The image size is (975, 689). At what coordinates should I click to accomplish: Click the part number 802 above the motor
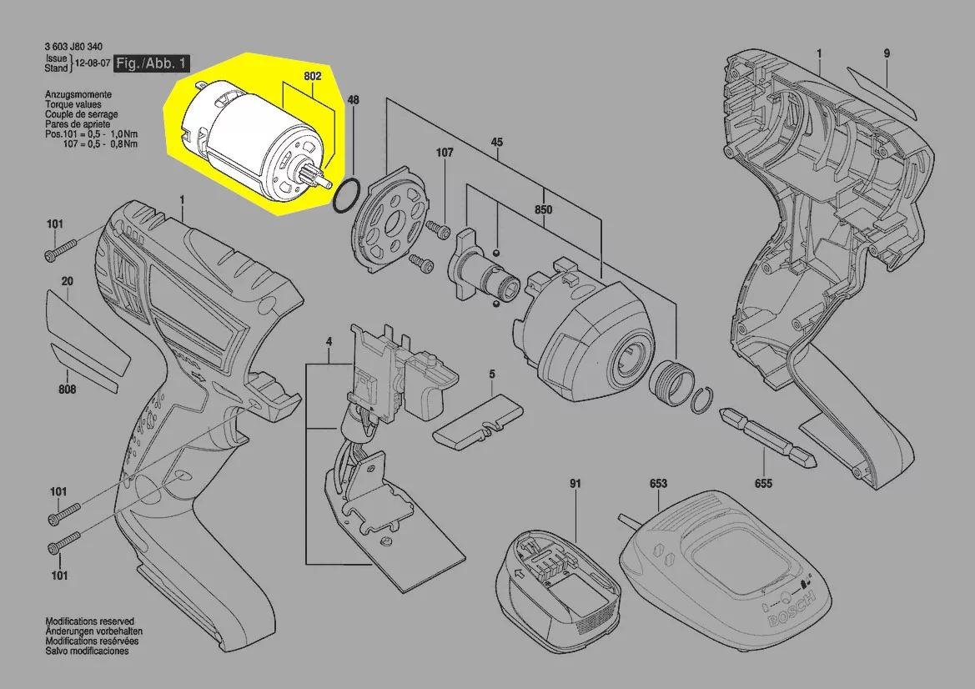pyautogui.click(x=312, y=76)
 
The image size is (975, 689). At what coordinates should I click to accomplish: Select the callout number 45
pyautogui.click(x=496, y=143)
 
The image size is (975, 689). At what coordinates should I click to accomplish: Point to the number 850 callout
pyautogui.click(x=543, y=209)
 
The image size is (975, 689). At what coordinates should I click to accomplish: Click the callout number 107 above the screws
pyautogui.click(x=444, y=153)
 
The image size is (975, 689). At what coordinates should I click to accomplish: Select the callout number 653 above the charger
pyautogui.click(x=658, y=483)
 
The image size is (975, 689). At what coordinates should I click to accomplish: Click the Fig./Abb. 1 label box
pyautogui.click(x=152, y=63)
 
